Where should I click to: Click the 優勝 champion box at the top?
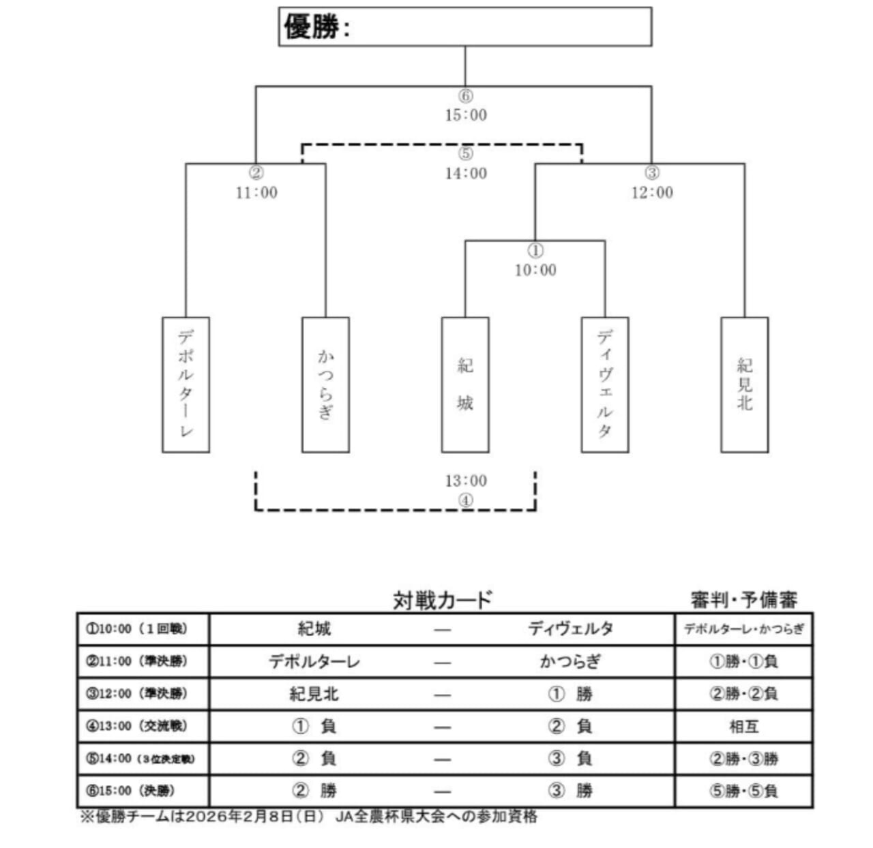(464, 27)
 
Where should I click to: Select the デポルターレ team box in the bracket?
(186, 384)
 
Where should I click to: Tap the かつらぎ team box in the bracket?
(325, 384)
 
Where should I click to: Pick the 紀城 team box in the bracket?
(465, 384)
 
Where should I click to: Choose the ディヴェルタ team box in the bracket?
(605, 384)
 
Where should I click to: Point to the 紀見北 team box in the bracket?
(744, 384)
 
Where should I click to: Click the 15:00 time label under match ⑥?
(466, 115)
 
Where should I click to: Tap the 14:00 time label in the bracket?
(466, 174)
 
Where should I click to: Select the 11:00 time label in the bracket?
(256, 193)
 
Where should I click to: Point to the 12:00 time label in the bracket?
(652, 193)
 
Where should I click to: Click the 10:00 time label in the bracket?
(535, 271)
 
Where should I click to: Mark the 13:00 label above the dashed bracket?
(466, 481)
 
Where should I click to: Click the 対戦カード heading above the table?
(442, 600)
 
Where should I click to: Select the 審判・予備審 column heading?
(743, 600)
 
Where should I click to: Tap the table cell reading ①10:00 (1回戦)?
(136, 629)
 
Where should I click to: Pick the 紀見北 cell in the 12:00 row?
(314, 694)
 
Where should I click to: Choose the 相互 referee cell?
(743, 727)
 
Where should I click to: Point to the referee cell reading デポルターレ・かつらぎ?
(743, 629)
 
